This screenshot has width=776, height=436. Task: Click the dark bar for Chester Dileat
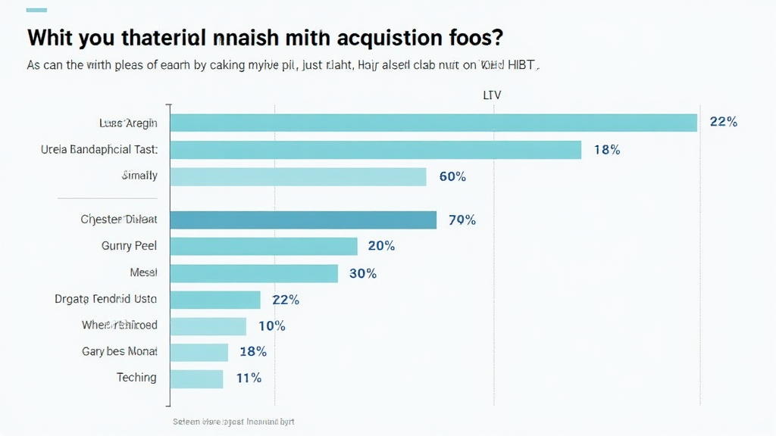coord(303,220)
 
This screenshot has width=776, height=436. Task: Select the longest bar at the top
coord(433,123)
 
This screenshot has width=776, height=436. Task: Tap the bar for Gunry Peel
coord(264,246)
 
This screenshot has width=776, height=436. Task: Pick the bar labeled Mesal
coord(254,273)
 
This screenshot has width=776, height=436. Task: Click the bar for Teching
coord(197,378)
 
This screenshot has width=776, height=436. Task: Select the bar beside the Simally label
coord(298,176)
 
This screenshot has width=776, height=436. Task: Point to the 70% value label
coord(462,220)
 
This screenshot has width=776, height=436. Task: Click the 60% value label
coord(452,177)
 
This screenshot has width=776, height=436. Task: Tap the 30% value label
coord(362,273)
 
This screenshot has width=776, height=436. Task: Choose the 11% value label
coord(248,378)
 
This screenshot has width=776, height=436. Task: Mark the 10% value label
coord(271,326)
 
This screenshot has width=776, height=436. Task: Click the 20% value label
coord(381,246)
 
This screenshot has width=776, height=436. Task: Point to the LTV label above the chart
coord(492,95)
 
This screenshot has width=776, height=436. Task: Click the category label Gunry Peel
coord(129,246)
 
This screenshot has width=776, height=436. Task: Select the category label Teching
coord(136,378)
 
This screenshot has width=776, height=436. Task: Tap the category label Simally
coord(139,176)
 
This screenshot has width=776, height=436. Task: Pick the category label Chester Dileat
coord(119,220)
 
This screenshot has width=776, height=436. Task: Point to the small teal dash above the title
coord(36,10)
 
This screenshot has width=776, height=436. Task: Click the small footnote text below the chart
coord(233,422)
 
